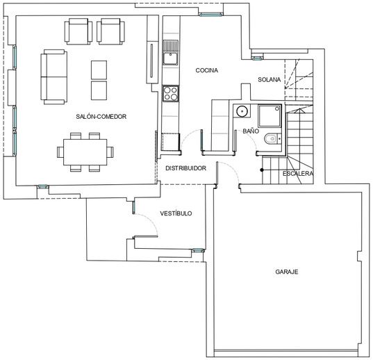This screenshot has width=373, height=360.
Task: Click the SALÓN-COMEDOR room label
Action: pyautogui.click(x=101, y=116)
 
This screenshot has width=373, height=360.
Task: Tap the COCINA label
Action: pyautogui.click(x=207, y=70)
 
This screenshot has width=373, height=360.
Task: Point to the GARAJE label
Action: pyautogui.click(x=287, y=272)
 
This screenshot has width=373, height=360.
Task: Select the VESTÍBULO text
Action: pyautogui.click(x=176, y=213)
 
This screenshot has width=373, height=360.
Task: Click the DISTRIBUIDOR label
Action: pyautogui.click(x=185, y=168)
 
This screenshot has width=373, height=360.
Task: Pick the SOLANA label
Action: pyautogui.click(x=270, y=80)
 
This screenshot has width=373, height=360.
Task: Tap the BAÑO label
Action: pyautogui.click(x=251, y=131)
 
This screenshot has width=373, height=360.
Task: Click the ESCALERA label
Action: pyautogui.click(x=298, y=174)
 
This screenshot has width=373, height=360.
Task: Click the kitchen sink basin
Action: pyautogui.click(x=170, y=58)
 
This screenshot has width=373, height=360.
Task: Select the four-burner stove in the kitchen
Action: pyautogui.click(x=170, y=94)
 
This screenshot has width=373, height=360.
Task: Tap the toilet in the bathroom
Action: pyautogui.click(x=273, y=139)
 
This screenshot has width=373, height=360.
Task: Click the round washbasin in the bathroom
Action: pyautogui.click(x=242, y=111)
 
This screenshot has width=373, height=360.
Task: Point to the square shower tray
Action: pyautogui.click(x=270, y=116)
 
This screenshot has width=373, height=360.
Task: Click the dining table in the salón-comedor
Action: pyautogui.click(x=85, y=152)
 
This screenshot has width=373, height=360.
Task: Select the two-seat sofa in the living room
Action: pyautogui.click(x=53, y=77)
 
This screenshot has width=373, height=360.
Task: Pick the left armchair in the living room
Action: pyautogui.click(x=78, y=31)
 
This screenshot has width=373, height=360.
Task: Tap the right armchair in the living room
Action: pyautogui.click(x=110, y=31)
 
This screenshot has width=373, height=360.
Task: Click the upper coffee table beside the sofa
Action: pyautogui.click(x=99, y=70)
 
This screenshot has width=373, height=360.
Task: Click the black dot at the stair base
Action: pyautogui.click(x=262, y=170)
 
